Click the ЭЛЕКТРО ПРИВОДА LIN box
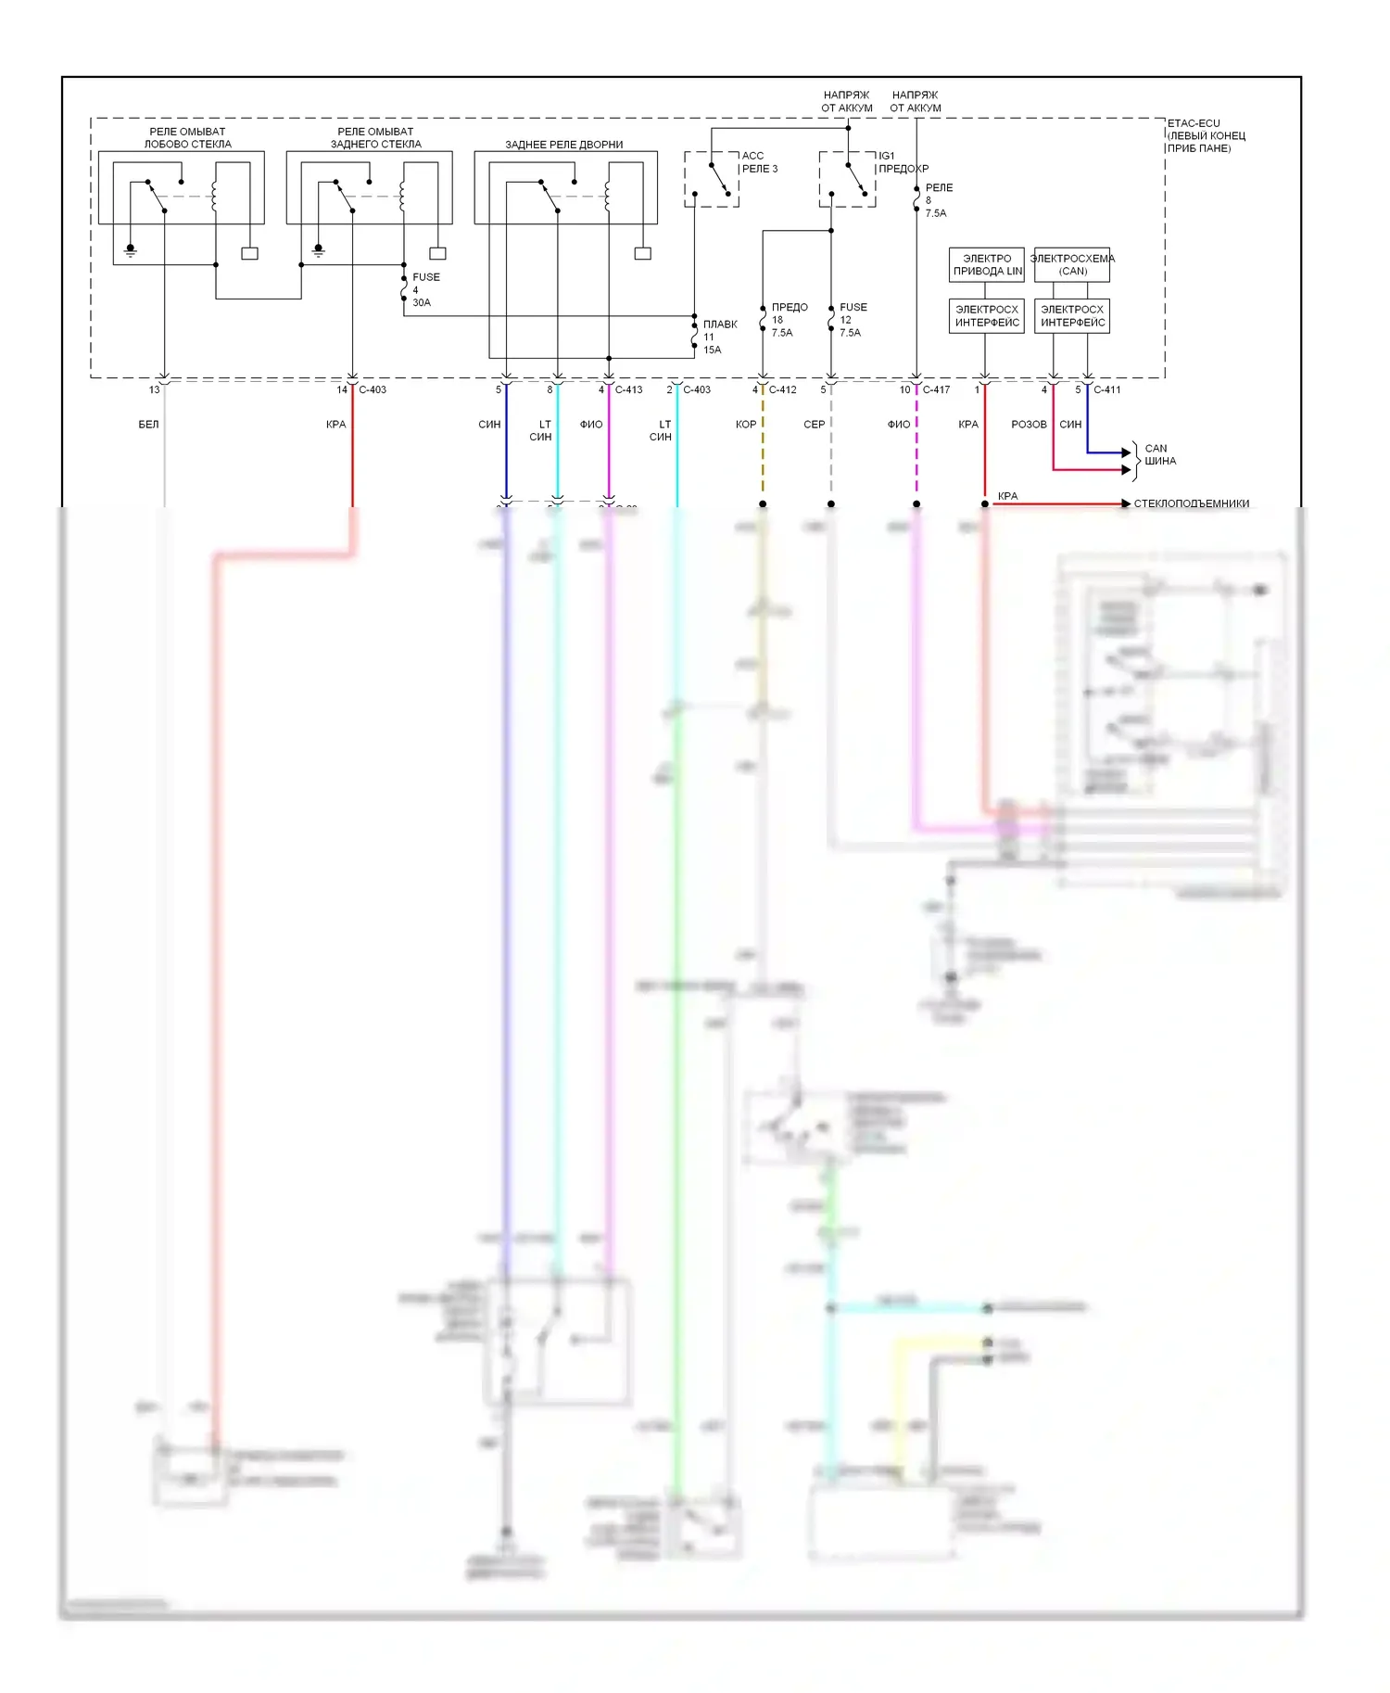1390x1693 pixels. click(987, 265)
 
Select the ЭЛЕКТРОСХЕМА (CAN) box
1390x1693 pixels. click(1072, 265)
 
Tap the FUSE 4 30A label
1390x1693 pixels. click(423, 290)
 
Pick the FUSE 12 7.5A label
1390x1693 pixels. click(852, 320)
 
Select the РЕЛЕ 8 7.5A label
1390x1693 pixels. click(937, 200)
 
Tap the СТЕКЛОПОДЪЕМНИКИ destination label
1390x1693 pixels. click(1191, 503)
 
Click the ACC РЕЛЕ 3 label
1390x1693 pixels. click(759, 162)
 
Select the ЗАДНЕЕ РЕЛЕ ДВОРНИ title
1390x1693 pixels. click(563, 145)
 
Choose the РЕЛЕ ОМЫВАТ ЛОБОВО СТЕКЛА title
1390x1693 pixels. click(187, 138)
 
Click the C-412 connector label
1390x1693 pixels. click(782, 390)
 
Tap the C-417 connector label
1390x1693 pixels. click(936, 390)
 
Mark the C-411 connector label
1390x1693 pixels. click(1106, 390)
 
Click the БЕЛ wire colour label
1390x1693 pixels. click(148, 425)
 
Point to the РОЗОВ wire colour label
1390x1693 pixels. click(1029, 425)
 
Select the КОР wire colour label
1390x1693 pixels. click(745, 425)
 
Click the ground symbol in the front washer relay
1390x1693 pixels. click(131, 250)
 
